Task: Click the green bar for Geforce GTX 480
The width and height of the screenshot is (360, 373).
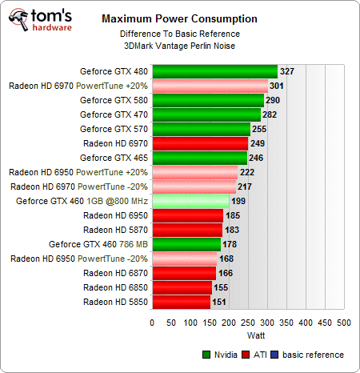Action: click(214, 71)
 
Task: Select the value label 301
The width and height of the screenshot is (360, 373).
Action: click(278, 86)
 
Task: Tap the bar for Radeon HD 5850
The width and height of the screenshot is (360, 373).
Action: click(181, 302)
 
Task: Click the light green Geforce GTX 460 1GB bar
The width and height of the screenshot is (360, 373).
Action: click(190, 201)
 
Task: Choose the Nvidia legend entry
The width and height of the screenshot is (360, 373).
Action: click(222, 354)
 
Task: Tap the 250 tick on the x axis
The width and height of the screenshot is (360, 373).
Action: click(247, 323)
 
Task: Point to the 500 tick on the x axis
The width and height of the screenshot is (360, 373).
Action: click(342, 323)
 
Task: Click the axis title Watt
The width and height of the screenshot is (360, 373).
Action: click(247, 335)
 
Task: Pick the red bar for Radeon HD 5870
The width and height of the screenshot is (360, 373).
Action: click(187, 230)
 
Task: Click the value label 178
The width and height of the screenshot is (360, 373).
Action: click(231, 244)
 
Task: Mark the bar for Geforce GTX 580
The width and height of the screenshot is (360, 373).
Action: click(207, 100)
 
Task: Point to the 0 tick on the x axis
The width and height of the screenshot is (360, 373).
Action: click(152, 323)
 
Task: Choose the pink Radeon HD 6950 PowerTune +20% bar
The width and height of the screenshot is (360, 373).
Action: click(194, 172)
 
